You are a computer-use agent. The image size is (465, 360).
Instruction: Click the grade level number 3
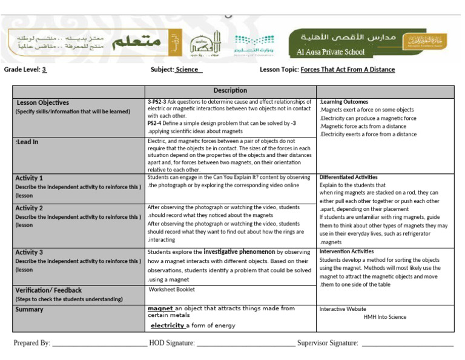(44, 70)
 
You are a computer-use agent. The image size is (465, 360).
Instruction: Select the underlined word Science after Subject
(188, 70)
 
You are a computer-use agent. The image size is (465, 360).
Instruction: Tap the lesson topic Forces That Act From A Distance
(348, 70)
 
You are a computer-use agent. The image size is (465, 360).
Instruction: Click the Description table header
(230, 91)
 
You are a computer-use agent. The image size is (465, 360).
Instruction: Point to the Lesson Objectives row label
(42, 102)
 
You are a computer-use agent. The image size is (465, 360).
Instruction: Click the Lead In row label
(27, 142)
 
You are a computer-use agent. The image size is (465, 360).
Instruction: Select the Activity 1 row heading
(29, 178)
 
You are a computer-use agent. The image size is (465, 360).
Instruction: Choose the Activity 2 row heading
(29, 208)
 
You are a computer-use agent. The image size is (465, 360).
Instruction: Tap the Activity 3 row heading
(29, 252)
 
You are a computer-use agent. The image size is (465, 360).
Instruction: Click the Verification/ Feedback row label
(48, 290)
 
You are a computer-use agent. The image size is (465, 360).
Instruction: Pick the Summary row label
(29, 309)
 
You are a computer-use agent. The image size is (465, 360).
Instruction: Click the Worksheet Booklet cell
(172, 289)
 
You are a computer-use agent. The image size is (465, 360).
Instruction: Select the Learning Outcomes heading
(344, 102)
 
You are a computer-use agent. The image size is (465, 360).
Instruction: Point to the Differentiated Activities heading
(348, 177)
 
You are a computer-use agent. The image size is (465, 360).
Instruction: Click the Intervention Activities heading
(346, 251)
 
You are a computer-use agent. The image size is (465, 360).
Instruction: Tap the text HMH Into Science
(385, 316)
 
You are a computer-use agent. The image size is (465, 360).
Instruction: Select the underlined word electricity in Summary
(167, 325)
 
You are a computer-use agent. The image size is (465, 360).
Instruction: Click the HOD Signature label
(172, 343)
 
